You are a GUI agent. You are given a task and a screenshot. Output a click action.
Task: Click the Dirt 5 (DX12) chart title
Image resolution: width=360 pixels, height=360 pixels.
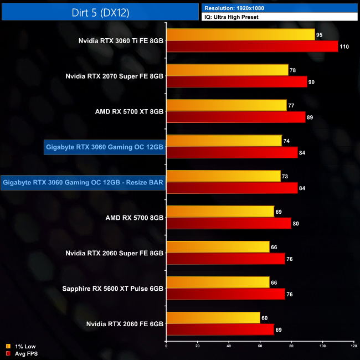[x=100, y=12]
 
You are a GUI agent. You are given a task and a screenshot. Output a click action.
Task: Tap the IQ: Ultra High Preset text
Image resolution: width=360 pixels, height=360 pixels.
[x=232, y=17]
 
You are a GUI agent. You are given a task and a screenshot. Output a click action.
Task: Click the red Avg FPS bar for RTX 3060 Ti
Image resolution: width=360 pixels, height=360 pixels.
[x=252, y=47]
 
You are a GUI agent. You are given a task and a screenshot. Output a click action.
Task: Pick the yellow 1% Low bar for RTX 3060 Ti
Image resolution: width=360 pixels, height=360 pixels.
[x=240, y=34]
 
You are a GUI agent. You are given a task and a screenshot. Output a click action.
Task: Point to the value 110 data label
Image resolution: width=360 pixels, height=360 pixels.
[x=344, y=47]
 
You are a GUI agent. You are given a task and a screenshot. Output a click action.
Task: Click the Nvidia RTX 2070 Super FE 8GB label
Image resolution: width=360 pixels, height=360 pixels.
[x=115, y=76]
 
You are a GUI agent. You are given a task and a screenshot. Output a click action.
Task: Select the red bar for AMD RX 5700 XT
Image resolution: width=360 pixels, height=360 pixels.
[x=235, y=117]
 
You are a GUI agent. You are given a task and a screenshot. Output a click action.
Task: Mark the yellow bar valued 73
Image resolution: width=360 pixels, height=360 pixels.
[x=223, y=176]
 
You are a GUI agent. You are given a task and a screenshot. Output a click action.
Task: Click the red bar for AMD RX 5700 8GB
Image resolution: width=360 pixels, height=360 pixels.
[x=229, y=223]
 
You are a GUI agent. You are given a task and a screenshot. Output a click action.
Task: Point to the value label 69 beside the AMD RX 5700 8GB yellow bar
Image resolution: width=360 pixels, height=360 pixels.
[x=279, y=212]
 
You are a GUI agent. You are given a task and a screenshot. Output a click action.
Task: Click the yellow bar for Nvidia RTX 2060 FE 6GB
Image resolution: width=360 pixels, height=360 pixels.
[x=213, y=317]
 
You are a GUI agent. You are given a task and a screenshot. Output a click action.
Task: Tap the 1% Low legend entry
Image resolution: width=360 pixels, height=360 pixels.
[x=22, y=346]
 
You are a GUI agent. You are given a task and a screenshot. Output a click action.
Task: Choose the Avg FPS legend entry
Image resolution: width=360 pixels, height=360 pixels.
[x=23, y=353]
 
